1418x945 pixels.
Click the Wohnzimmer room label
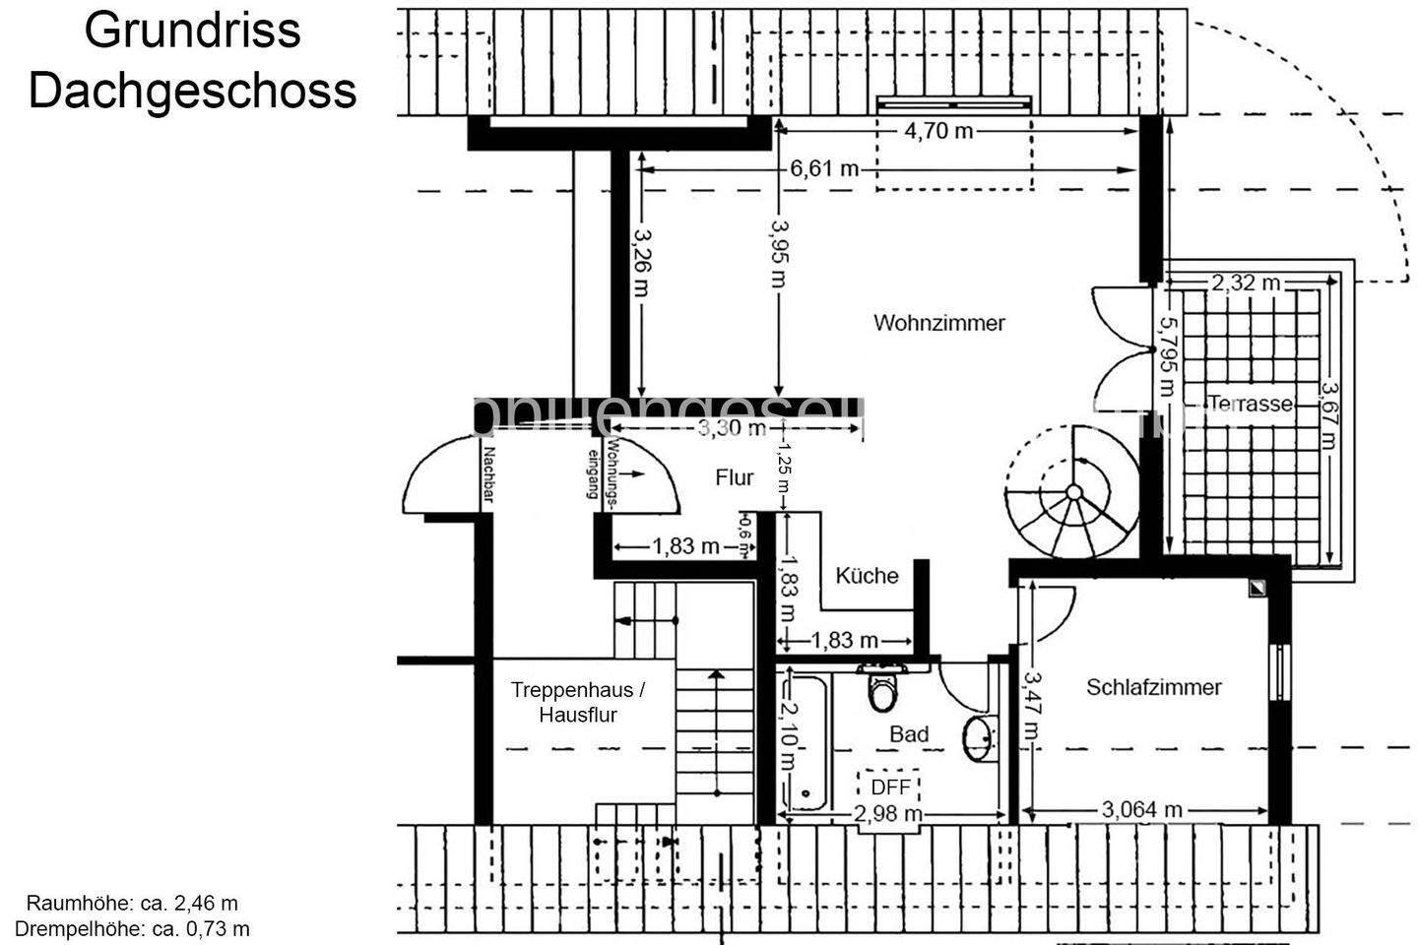pyautogui.click(x=938, y=323)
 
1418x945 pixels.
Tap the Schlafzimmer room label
pyautogui.click(x=1153, y=687)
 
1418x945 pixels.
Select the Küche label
pyautogui.click(x=867, y=575)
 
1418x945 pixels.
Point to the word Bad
pyautogui.click(x=908, y=734)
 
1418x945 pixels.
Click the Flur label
pyautogui.click(x=735, y=477)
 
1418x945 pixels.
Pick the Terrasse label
pyautogui.click(x=1250, y=404)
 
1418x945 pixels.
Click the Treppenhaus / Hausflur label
pyautogui.click(x=578, y=702)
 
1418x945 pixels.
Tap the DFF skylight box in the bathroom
pyautogui.click(x=890, y=787)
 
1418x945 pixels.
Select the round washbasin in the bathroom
pyautogui.click(x=979, y=738)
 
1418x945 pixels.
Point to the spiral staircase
pyautogui.click(x=1071, y=492)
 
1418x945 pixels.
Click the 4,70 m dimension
pyautogui.click(x=938, y=130)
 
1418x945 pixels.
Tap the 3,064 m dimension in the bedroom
pyautogui.click(x=1141, y=810)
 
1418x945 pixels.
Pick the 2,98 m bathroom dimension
pyautogui.click(x=887, y=814)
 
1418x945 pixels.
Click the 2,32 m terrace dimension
pyautogui.click(x=1246, y=283)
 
